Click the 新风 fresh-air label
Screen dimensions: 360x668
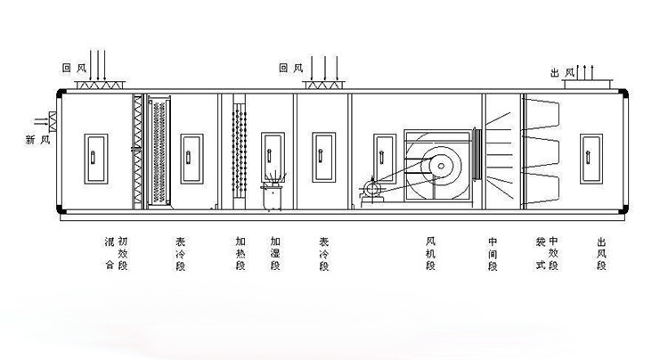coord(37,140)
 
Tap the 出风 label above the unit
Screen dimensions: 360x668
coord(562,72)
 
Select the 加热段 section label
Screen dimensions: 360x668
coord(240,253)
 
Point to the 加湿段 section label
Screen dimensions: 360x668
coord(274,253)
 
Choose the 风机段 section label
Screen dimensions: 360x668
coord(431,253)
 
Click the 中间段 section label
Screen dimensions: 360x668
coord(493,253)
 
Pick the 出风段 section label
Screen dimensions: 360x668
coord(602,253)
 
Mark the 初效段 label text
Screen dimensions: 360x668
coord(123,253)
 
